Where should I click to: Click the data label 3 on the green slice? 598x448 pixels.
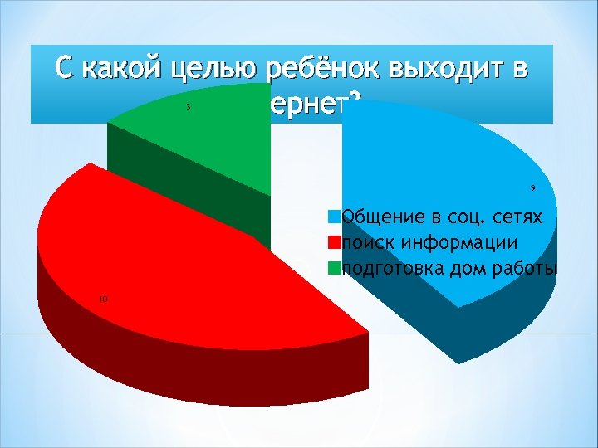coord(189,106)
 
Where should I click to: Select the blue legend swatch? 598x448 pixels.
coord(334,217)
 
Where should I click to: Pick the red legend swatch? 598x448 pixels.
coord(334,243)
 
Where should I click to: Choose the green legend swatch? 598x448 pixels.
coord(334,268)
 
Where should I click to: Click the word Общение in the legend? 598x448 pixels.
coord(381,217)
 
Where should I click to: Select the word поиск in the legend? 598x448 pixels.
coord(369,243)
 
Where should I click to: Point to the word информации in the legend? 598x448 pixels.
coord(461,243)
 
